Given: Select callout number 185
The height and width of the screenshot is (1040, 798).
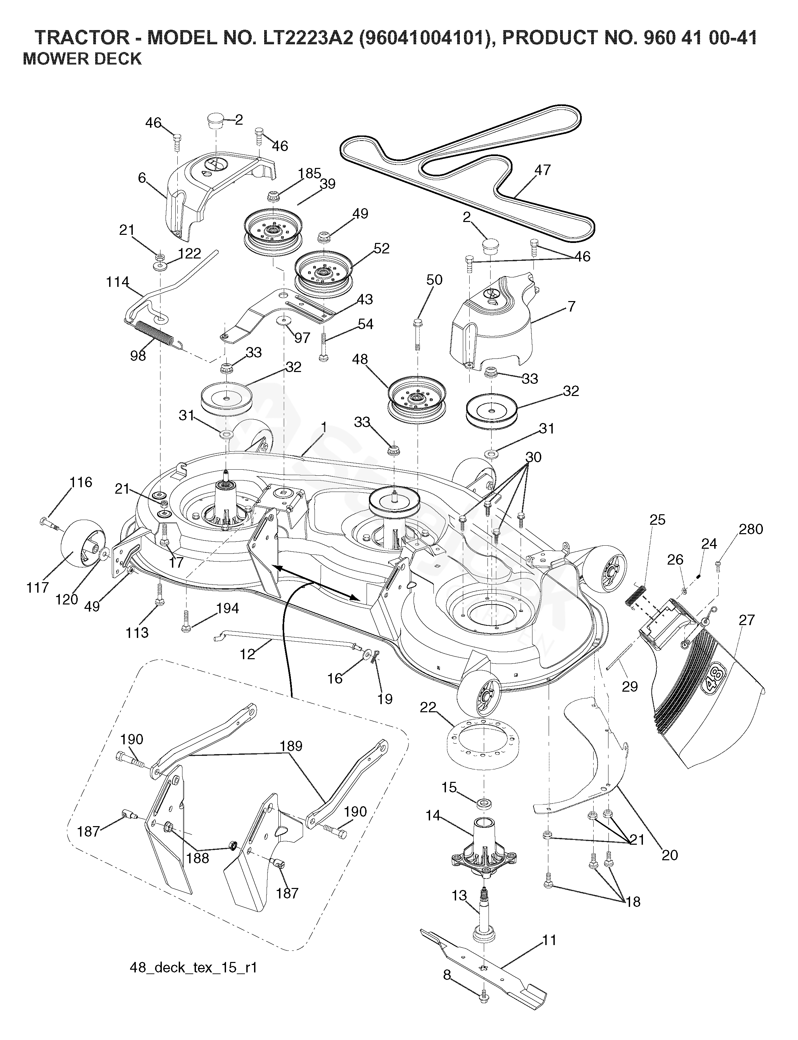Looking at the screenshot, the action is [x=310, y=174].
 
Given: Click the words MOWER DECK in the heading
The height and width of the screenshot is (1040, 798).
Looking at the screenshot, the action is [x=82, y=59].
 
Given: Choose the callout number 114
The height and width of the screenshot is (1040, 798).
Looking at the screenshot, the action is [x=117, y=282].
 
